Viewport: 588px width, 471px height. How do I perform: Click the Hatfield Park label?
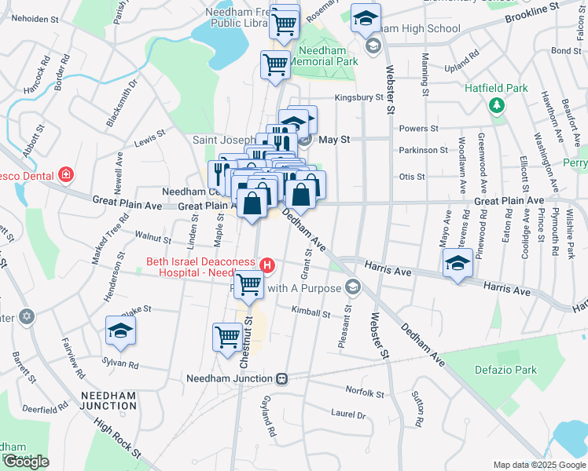point(495,89)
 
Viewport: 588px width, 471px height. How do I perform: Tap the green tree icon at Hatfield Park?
point(496,105)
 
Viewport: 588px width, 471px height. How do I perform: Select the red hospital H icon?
point(267,266)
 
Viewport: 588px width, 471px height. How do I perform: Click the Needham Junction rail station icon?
point(281,378)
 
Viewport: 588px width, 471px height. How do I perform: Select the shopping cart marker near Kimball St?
point(249,285)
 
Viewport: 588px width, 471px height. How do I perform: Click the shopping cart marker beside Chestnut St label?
point(227,336)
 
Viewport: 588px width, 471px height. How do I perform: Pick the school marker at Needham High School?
point(366,19)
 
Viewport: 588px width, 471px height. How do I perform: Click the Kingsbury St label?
point(358,98)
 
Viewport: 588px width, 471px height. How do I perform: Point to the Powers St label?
point(418,128)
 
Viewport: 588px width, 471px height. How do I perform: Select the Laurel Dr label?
point(348,414)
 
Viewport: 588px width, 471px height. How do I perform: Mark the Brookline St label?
point(537,13)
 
